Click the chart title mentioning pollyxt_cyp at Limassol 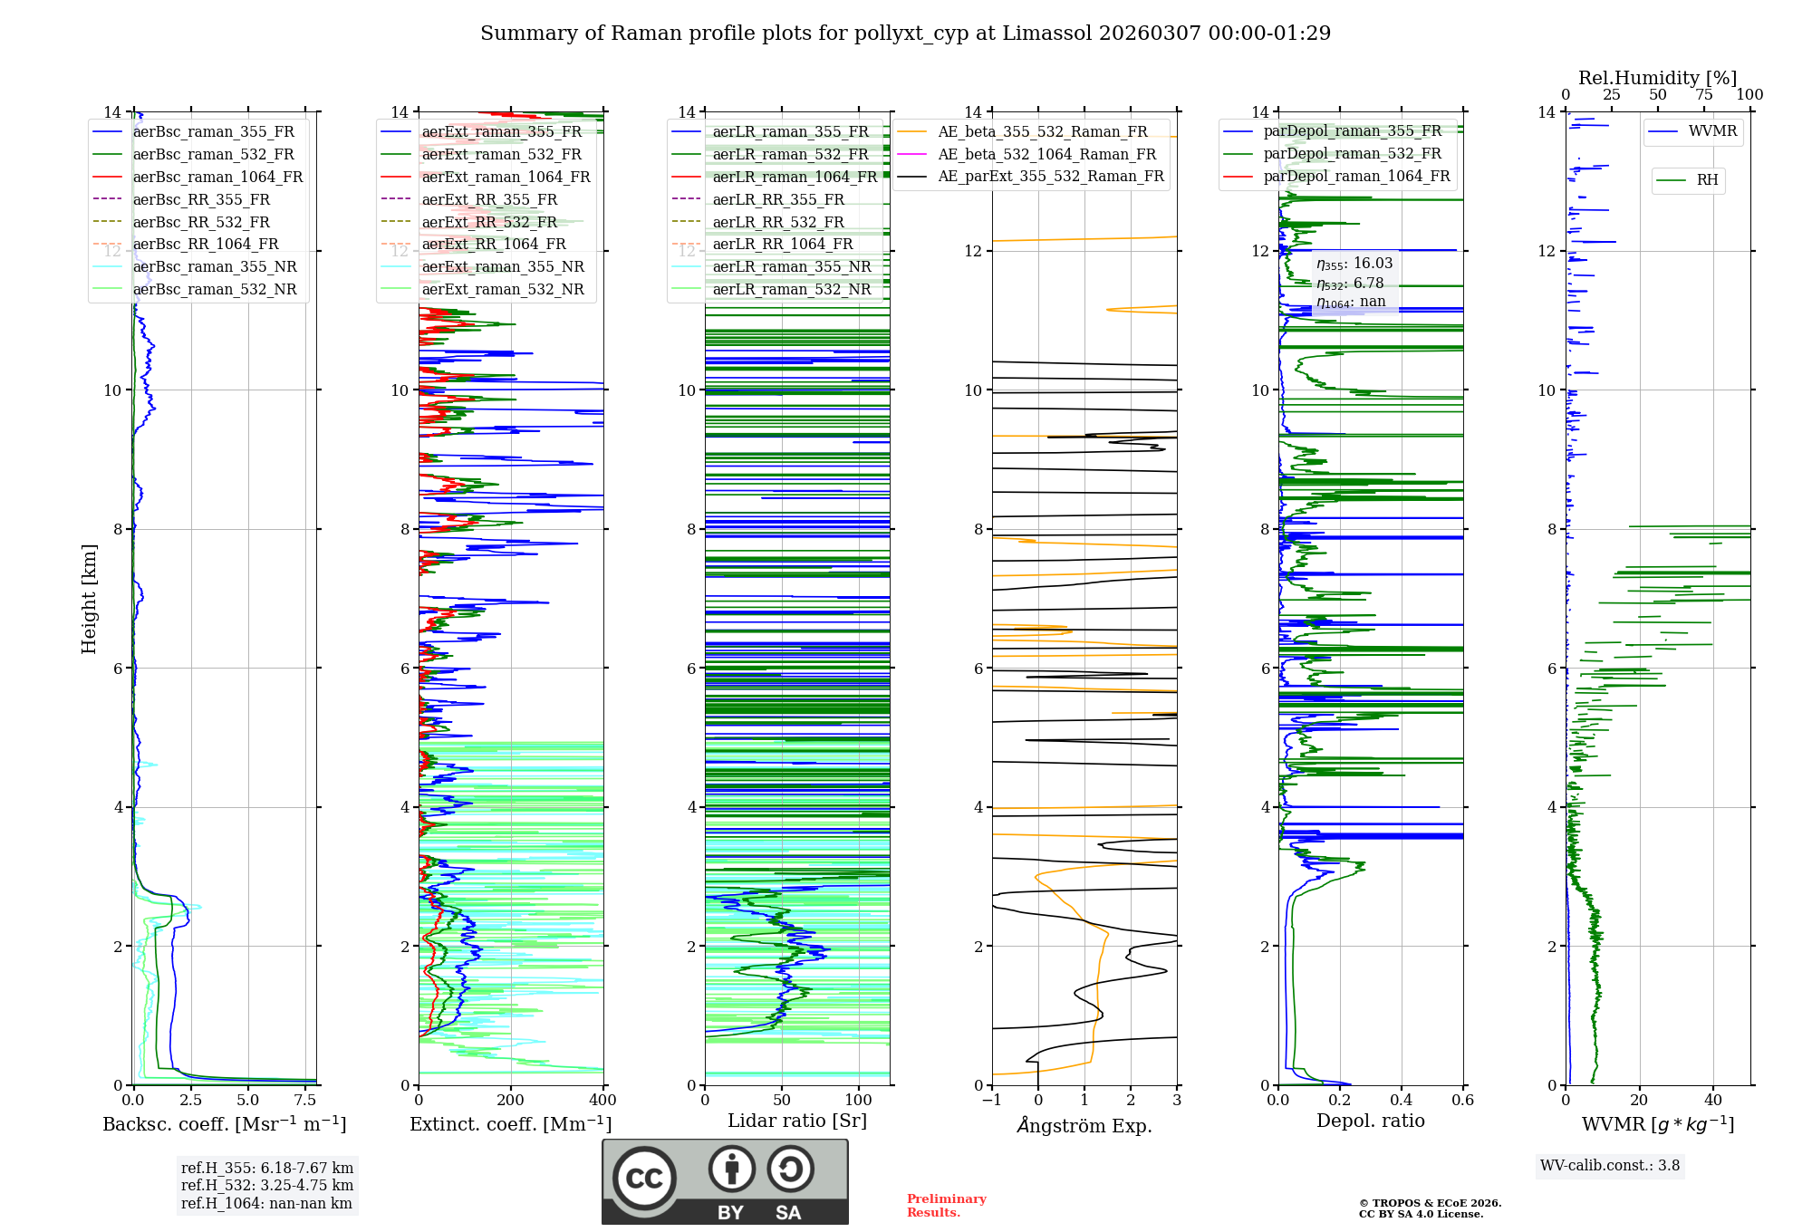[x=905, y=34]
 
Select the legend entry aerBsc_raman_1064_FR [x=217, y=177]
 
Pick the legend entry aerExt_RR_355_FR [x=489, y=199]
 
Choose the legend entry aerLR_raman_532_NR [x=791, y=289]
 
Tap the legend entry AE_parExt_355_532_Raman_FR [x=1050, y=176]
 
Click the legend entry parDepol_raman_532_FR [x=1352, y=153]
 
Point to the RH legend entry [x=1707, y=180]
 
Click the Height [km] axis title [x=89, y=599]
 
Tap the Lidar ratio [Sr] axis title [x=797, y=1121]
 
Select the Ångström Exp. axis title [x=1084, y=1125]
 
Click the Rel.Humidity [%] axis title [x=1657, y=78]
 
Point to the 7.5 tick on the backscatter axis [x=305, y=1101]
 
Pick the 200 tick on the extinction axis [x=511, y=1101]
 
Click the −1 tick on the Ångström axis [x=992, y=1101]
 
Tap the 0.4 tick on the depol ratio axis [x=1402, y=1101]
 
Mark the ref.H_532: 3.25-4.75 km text [x=266, y=1185]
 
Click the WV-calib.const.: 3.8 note [x=1610, y=1166]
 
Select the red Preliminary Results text [x=946, y=1206]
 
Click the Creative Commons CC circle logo [x=644, y=1179]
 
